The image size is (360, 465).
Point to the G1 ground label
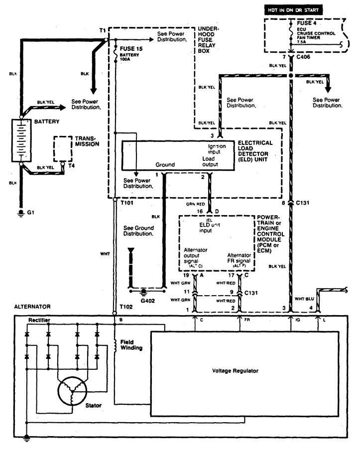(x=31, y=212)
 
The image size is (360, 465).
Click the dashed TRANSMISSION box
(x=62, y=148)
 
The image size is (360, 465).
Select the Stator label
(x=94, y=406)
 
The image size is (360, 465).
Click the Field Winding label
(x=131, y=345)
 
